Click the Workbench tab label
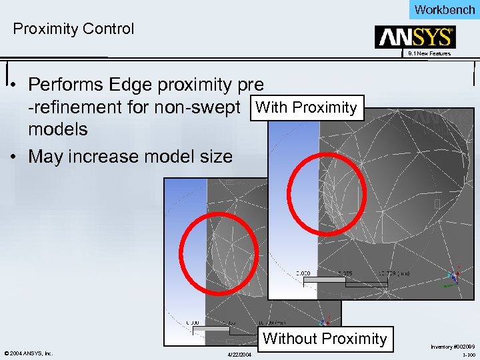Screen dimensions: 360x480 pyautogui.click(x=445, y=9)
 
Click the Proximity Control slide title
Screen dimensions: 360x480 pyautogui.click(x=73, y=29)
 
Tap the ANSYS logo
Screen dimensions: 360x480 pyautogui.click(x=415, y=37)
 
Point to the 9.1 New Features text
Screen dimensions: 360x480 pyautogui.click(x=429, y=53)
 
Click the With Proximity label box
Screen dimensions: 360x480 pyautogui.click(x=306, y=107)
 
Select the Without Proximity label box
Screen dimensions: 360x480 pyautogui.click(x=325, y=339)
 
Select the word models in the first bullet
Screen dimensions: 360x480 pyautogui.click(x=58, y=129)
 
